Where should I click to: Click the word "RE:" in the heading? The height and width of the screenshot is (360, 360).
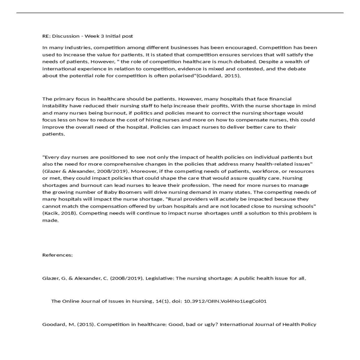point(46,36)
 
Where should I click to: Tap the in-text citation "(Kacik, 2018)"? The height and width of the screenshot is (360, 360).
point(60,213)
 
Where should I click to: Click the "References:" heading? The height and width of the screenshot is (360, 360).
point(57,255)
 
